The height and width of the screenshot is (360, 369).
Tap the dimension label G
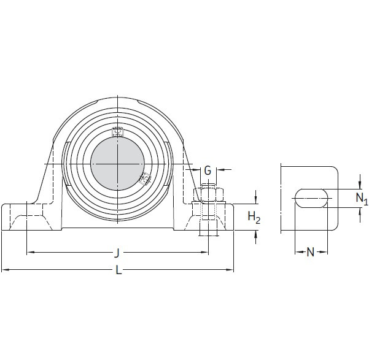pos(208,170)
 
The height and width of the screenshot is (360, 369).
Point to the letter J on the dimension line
pos(117,252)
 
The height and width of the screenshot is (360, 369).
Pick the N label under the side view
pos(311,252)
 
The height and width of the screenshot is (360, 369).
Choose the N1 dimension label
pos(362,198)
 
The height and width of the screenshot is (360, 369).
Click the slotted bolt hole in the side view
pos(311,197)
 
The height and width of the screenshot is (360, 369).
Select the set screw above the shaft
pos(117,131)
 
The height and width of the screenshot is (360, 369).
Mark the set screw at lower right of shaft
pos(145,178)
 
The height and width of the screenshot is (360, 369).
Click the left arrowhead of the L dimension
pos(4,269)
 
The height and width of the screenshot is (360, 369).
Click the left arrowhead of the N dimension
pos(298,252)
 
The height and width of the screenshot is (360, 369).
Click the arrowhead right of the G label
pos(220,170)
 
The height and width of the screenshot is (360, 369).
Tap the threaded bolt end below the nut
pos(208,230)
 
